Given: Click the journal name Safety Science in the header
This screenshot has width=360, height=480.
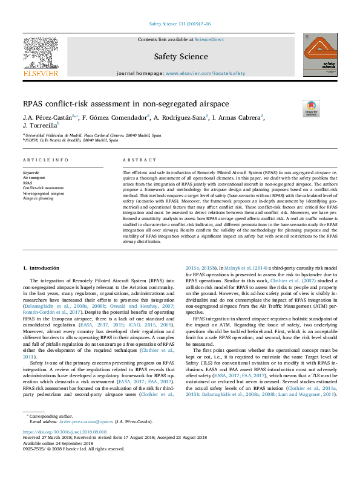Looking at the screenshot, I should click(x=180, y=56).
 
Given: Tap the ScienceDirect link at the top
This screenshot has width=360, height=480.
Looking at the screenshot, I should click(x=209, y=40).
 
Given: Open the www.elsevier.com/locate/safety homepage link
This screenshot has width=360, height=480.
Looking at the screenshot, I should click(x=206, y=73).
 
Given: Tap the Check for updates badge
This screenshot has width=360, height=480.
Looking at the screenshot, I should click(x=311, y=108).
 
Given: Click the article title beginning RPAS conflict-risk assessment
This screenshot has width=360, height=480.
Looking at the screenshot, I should click(x=118, y=104).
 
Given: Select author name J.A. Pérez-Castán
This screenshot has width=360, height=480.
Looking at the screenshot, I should click(x=44, y=117).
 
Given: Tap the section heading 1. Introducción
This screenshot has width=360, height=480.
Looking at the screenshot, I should click(x=46, y=267).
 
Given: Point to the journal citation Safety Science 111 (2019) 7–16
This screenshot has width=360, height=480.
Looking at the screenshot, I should click(x=180, y=24).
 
